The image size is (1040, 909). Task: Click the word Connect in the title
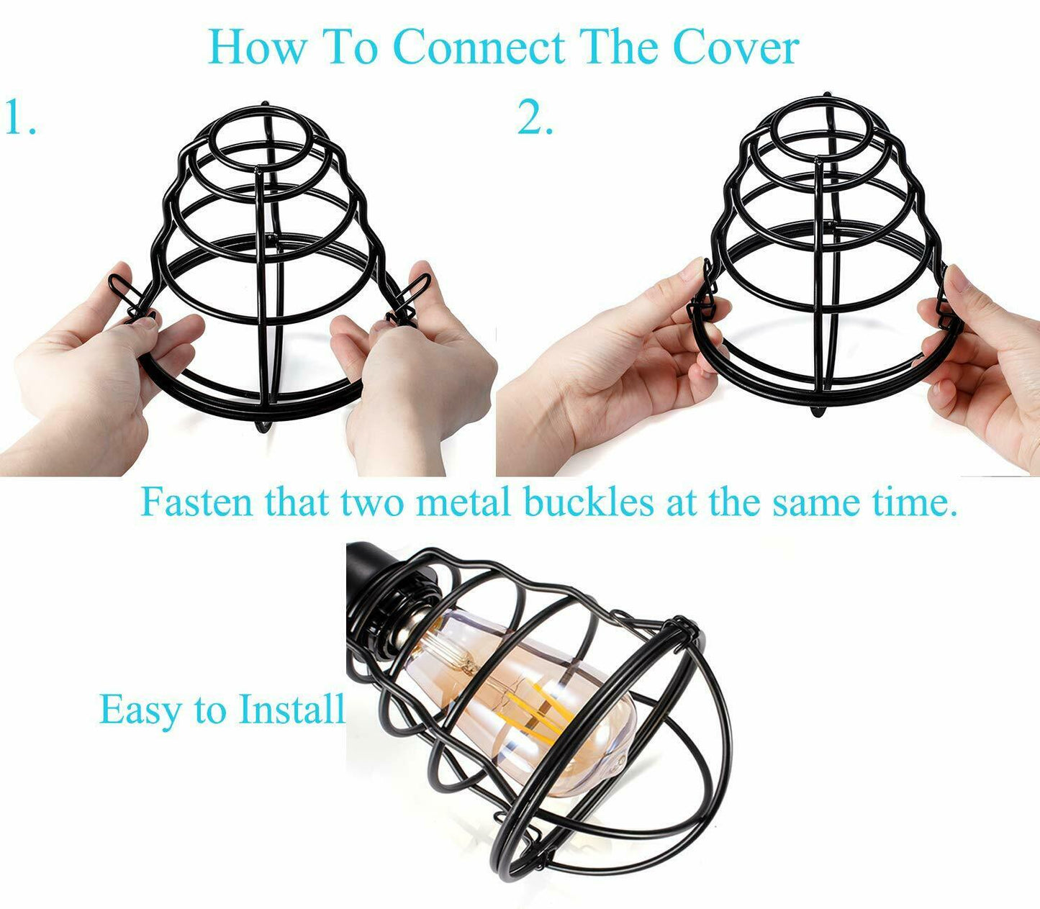click(x=479, y=48)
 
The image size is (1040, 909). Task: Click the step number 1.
click(x=19, y=118)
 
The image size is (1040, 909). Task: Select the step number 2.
click(x=535, y=118)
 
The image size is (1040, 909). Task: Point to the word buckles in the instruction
click(x=588, y=502)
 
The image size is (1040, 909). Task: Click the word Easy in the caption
click(x=140, y=710)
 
